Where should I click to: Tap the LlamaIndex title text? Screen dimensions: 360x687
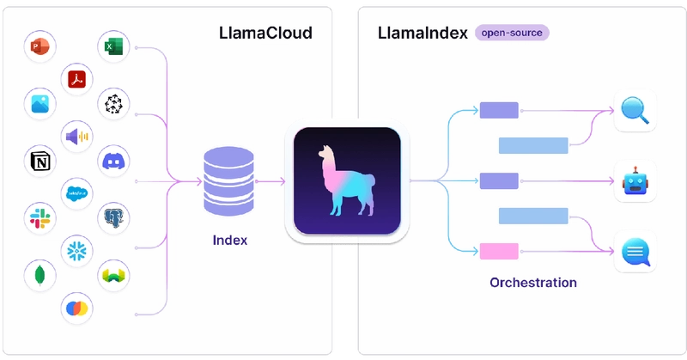[423, 34]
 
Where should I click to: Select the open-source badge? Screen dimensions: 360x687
[512, 34]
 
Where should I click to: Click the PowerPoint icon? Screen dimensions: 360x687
[40, 48]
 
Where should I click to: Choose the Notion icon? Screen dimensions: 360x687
[40, 162]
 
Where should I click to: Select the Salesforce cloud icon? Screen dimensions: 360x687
[76, 193]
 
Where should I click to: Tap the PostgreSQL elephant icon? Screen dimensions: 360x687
[113, 218]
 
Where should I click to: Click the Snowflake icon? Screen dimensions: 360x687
[76, 250]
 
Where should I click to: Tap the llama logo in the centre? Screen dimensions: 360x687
[347, 182]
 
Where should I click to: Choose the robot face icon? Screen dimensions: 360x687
[635, 181]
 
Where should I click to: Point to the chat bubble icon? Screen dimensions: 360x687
[635, 253]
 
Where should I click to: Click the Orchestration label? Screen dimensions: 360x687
[532, 282]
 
